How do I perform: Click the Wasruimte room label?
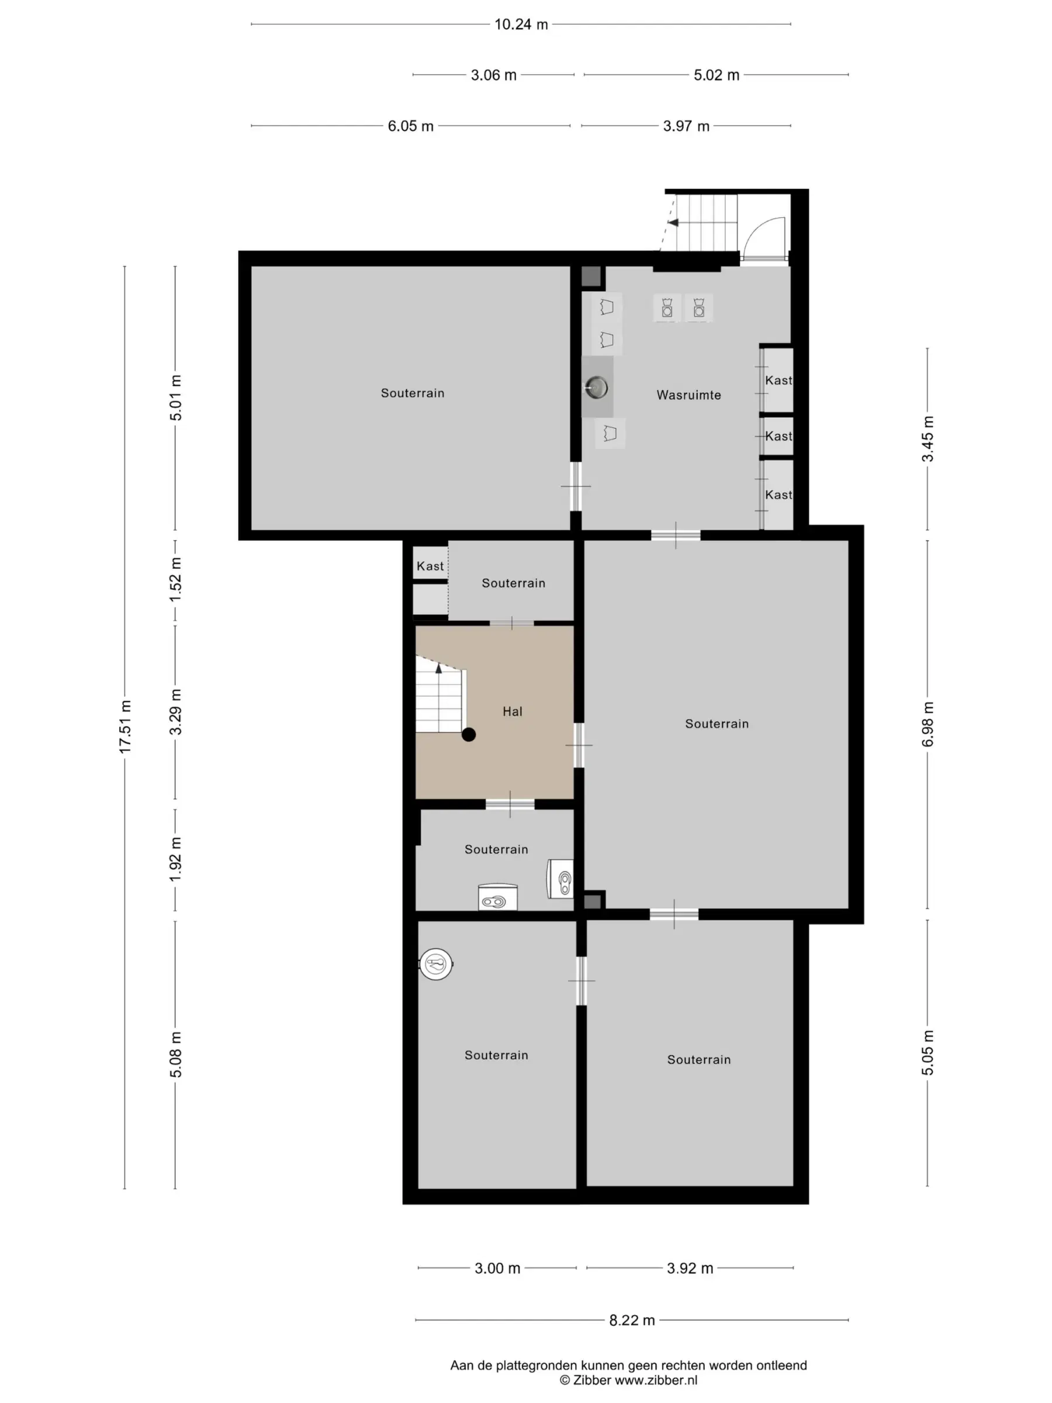coord(688,395)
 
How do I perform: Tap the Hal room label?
coord(513,711)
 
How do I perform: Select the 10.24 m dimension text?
coord(521,25)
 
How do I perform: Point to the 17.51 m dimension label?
coord(125,727)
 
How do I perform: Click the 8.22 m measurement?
coord(632,1320)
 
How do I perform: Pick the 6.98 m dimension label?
coord(928,724)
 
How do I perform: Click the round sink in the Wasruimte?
coord(596,386)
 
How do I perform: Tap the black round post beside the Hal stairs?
coord(469,734)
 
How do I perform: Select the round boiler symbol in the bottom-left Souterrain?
coord(436,964)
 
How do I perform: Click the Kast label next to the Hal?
coord(430,566)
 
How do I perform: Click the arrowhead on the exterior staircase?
coord(673,223)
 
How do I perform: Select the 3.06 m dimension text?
coord(493,75)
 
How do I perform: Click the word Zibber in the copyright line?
coord(592,1380)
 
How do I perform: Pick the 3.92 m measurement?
coord(690,1268)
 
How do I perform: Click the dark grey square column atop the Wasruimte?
coord(591,277)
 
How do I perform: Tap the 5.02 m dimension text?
coord(717,75)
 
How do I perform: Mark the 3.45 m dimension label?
coord(928,439)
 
